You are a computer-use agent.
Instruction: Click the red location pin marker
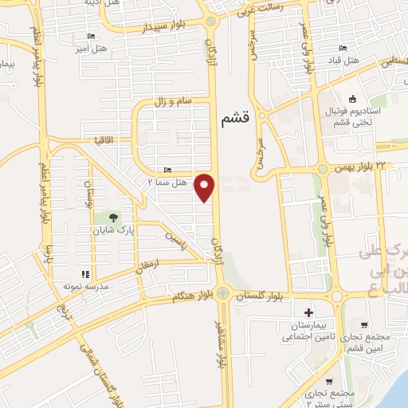coord(206,187)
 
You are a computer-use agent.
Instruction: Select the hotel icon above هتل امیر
coord(90,36)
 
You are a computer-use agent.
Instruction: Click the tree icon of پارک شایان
coord(114,217)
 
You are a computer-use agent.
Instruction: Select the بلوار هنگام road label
coord(191,296)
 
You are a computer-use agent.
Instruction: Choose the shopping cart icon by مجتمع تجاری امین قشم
coord(364,325)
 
